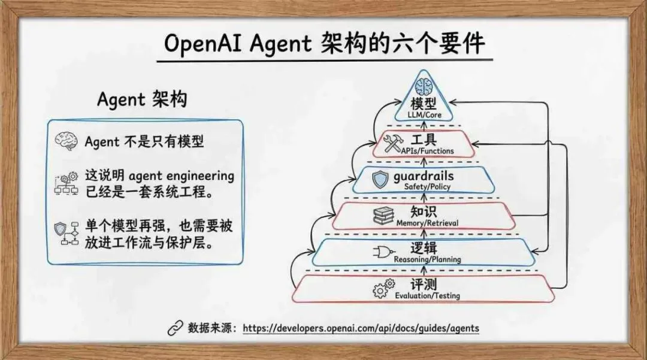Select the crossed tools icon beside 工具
tap(395, 143)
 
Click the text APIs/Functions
tap(428, 151)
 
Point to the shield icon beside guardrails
tap(381, 179)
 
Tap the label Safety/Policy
tap(427, 187)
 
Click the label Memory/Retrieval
tap(427, 223)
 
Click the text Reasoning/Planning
tap(427, 259)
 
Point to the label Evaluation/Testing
tap(427, 296)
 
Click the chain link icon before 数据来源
tap(174, 328)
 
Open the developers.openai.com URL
tap(361, 329)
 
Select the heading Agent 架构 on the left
tap(142, 99)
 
